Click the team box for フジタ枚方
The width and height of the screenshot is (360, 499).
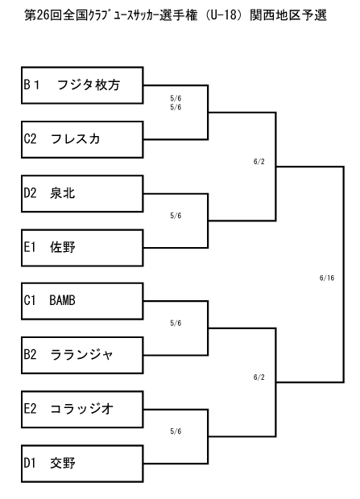tap(82, 85)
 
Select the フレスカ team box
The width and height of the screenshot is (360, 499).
tap(82, 139)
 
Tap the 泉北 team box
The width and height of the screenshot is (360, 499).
tap(82, 193)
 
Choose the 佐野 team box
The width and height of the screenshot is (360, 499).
tap(82, 248)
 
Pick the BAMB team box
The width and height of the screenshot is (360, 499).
tap(82, 301)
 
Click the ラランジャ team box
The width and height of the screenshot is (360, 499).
tap(82, 355)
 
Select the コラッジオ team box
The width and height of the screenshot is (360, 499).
tap(82, 409)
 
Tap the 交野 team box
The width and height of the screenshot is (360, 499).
tap(82, 464)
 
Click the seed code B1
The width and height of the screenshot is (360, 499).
tap(31, 85)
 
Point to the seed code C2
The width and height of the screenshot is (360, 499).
tap(31, 138)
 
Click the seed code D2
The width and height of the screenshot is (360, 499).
tap(31, 193)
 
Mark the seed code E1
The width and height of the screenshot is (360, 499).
tap(30, 247)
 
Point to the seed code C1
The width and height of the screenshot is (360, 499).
tap(30, 300)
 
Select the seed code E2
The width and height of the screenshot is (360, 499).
tap(31, 409)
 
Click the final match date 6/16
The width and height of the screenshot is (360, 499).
tap(327, 278)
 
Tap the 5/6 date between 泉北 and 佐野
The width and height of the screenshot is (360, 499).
tap(176, 216)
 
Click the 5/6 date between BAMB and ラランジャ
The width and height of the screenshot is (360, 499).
tap(176, 323)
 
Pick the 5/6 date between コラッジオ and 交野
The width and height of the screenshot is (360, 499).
tap(176, 431)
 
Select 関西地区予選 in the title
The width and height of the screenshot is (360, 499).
tap(288, 15)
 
